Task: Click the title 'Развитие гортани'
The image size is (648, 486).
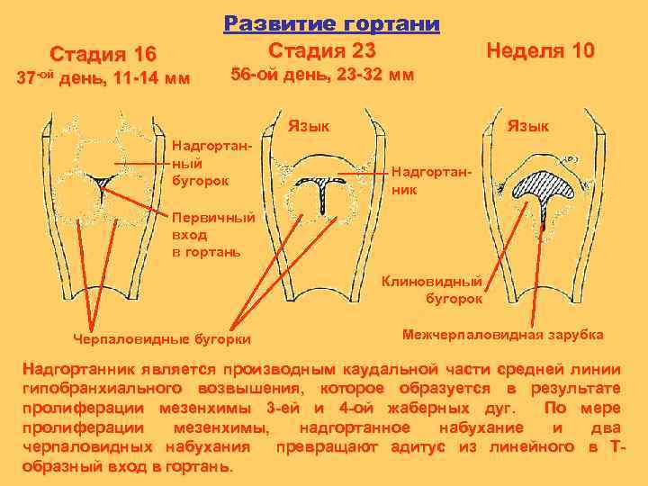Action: pyautogui.click(x=331, y=22)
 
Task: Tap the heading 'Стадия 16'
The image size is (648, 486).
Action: pyautogui.click(x=103, y=53)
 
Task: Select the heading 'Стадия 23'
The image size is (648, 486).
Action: pyautogui.click(x=322, y=49)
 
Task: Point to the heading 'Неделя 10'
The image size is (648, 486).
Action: pyautogui.click(x=540, y=49)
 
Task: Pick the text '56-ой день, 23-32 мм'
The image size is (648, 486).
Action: pyautogui.click(x=322, y=76)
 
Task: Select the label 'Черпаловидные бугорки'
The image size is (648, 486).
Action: pyautogui.click(x=161, y=337)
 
